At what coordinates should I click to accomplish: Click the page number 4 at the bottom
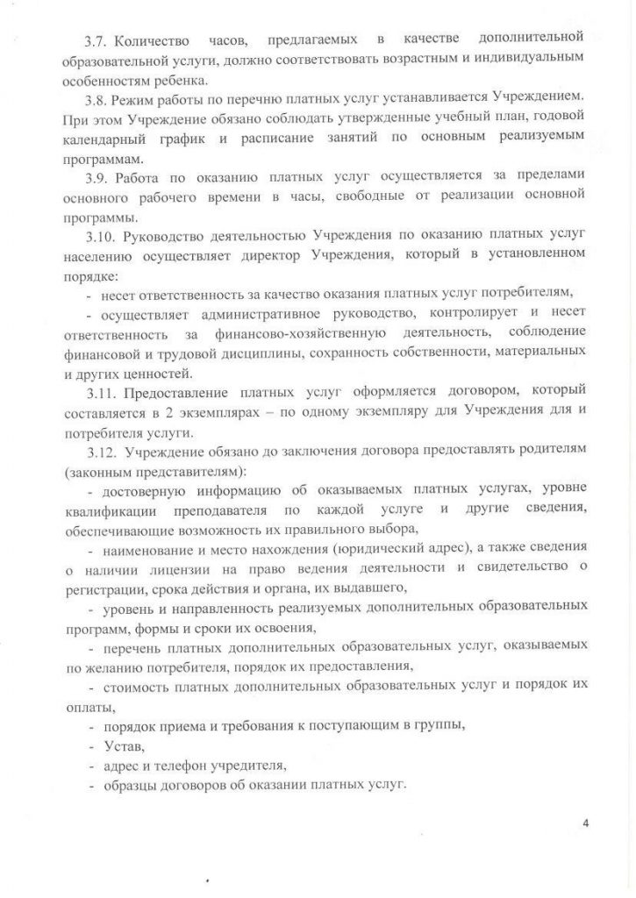[585, 823]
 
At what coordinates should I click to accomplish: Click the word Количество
[154, 39]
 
